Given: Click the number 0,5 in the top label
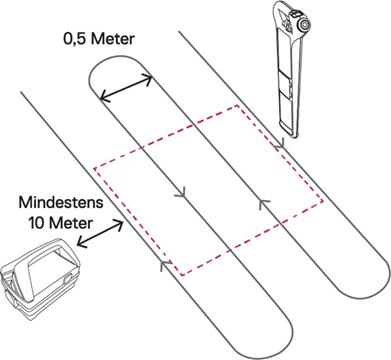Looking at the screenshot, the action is [x=75, y=39].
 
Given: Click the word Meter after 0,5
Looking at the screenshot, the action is [x=112, y=39].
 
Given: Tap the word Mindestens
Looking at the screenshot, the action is [x=61, y=203].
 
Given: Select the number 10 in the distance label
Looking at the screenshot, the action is [x=36, y=223].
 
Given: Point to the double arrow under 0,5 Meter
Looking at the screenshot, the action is [x=126, y=88].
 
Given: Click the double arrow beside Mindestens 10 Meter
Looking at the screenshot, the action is [x=100, y=234].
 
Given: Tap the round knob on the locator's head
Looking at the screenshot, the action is [x=304, y=24].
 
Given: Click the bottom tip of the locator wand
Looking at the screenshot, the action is [x=294, y=136].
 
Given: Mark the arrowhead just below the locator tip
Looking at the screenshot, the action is [x=280, y=145].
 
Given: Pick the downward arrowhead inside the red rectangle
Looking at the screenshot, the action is [x=180, y=193].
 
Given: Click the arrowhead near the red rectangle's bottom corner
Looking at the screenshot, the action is [x=166, y=265].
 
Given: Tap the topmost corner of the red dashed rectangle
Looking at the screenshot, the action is [x=238, y=106].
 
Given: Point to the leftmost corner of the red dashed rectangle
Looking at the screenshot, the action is [x=94, y=168].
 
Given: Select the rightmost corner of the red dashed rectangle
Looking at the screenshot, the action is [x=323, y=201].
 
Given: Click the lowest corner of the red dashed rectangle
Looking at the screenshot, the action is [x=182, y=275].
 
